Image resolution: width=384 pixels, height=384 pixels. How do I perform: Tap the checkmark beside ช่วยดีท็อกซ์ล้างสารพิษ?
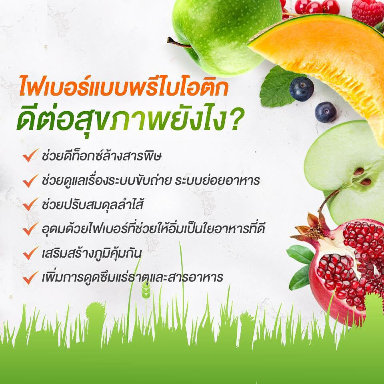click(30, 155)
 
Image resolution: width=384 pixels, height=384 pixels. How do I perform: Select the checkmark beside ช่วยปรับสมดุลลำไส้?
click(30, 204)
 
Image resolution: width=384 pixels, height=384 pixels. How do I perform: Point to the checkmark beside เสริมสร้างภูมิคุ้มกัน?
click(30, 253)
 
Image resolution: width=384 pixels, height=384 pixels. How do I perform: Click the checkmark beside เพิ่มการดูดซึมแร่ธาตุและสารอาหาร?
click(30, 278)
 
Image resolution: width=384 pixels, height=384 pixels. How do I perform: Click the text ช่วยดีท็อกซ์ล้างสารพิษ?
click(101, 156)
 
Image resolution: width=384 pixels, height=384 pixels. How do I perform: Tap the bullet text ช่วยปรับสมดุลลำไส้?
click(92, 204)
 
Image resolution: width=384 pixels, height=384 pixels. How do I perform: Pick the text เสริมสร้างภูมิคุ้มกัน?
click(91, 254)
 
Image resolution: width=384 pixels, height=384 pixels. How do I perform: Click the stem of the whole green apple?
click(178, 43)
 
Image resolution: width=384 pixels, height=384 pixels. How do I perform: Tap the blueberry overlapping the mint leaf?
click(302, 89)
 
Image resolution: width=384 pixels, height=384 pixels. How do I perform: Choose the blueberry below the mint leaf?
click(326, 112)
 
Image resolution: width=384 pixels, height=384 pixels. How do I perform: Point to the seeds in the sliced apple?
click(362, 176)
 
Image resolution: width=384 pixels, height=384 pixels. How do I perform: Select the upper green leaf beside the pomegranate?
click(300, 254)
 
